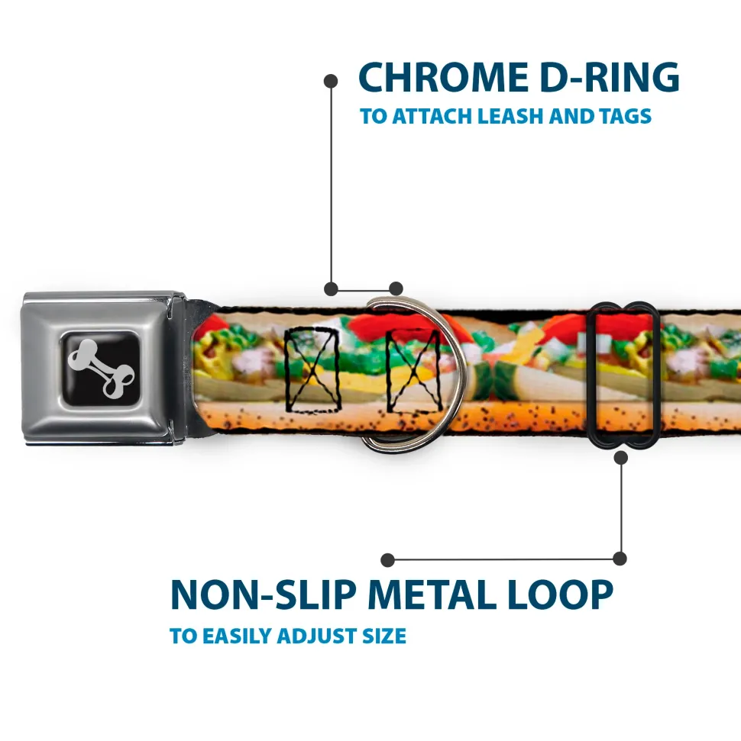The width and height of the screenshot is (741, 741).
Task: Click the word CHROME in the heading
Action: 439,77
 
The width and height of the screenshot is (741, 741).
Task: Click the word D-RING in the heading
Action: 604,77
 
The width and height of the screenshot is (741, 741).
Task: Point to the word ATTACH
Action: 432,117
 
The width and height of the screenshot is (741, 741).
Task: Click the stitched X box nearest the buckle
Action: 312,369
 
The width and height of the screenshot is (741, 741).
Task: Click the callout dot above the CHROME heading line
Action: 331,79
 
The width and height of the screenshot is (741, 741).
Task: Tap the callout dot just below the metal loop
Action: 620,458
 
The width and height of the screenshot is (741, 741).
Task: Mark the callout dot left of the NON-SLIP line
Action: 387,560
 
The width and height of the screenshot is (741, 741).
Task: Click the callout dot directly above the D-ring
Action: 395,288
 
